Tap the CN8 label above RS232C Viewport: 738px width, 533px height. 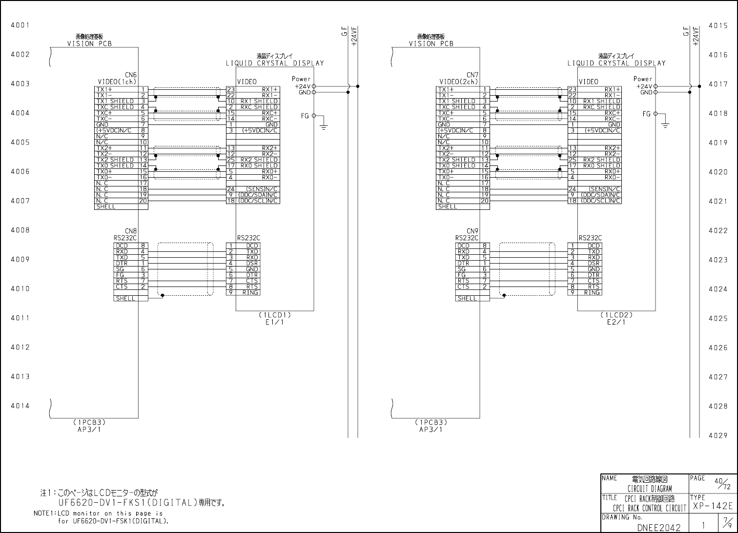coord(131,231)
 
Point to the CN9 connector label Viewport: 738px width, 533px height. coord(472,231)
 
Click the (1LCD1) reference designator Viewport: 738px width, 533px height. coord(275,315)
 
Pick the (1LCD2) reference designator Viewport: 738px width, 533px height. coord(616,315)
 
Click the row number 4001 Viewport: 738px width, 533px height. coord(20,25)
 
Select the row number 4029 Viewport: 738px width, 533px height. coord(718,435)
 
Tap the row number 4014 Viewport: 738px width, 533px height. coord(20,406)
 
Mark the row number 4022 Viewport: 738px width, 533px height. coord(718,230)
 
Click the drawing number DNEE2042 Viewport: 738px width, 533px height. coord(658,527)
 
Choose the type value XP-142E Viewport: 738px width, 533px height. coord(713,506)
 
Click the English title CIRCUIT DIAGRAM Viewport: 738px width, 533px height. coord(650,489)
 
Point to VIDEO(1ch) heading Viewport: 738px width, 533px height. coord(117,82)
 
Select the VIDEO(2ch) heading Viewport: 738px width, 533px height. coord(459,82)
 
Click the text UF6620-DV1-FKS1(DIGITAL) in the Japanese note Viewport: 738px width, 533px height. coord(127,503)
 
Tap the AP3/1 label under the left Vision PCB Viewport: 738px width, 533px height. coord(89,430)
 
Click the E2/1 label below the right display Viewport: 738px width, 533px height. coord(616,322)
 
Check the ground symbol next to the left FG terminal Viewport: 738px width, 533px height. coord(323,125)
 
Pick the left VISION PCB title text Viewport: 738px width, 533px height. coord(89,43)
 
